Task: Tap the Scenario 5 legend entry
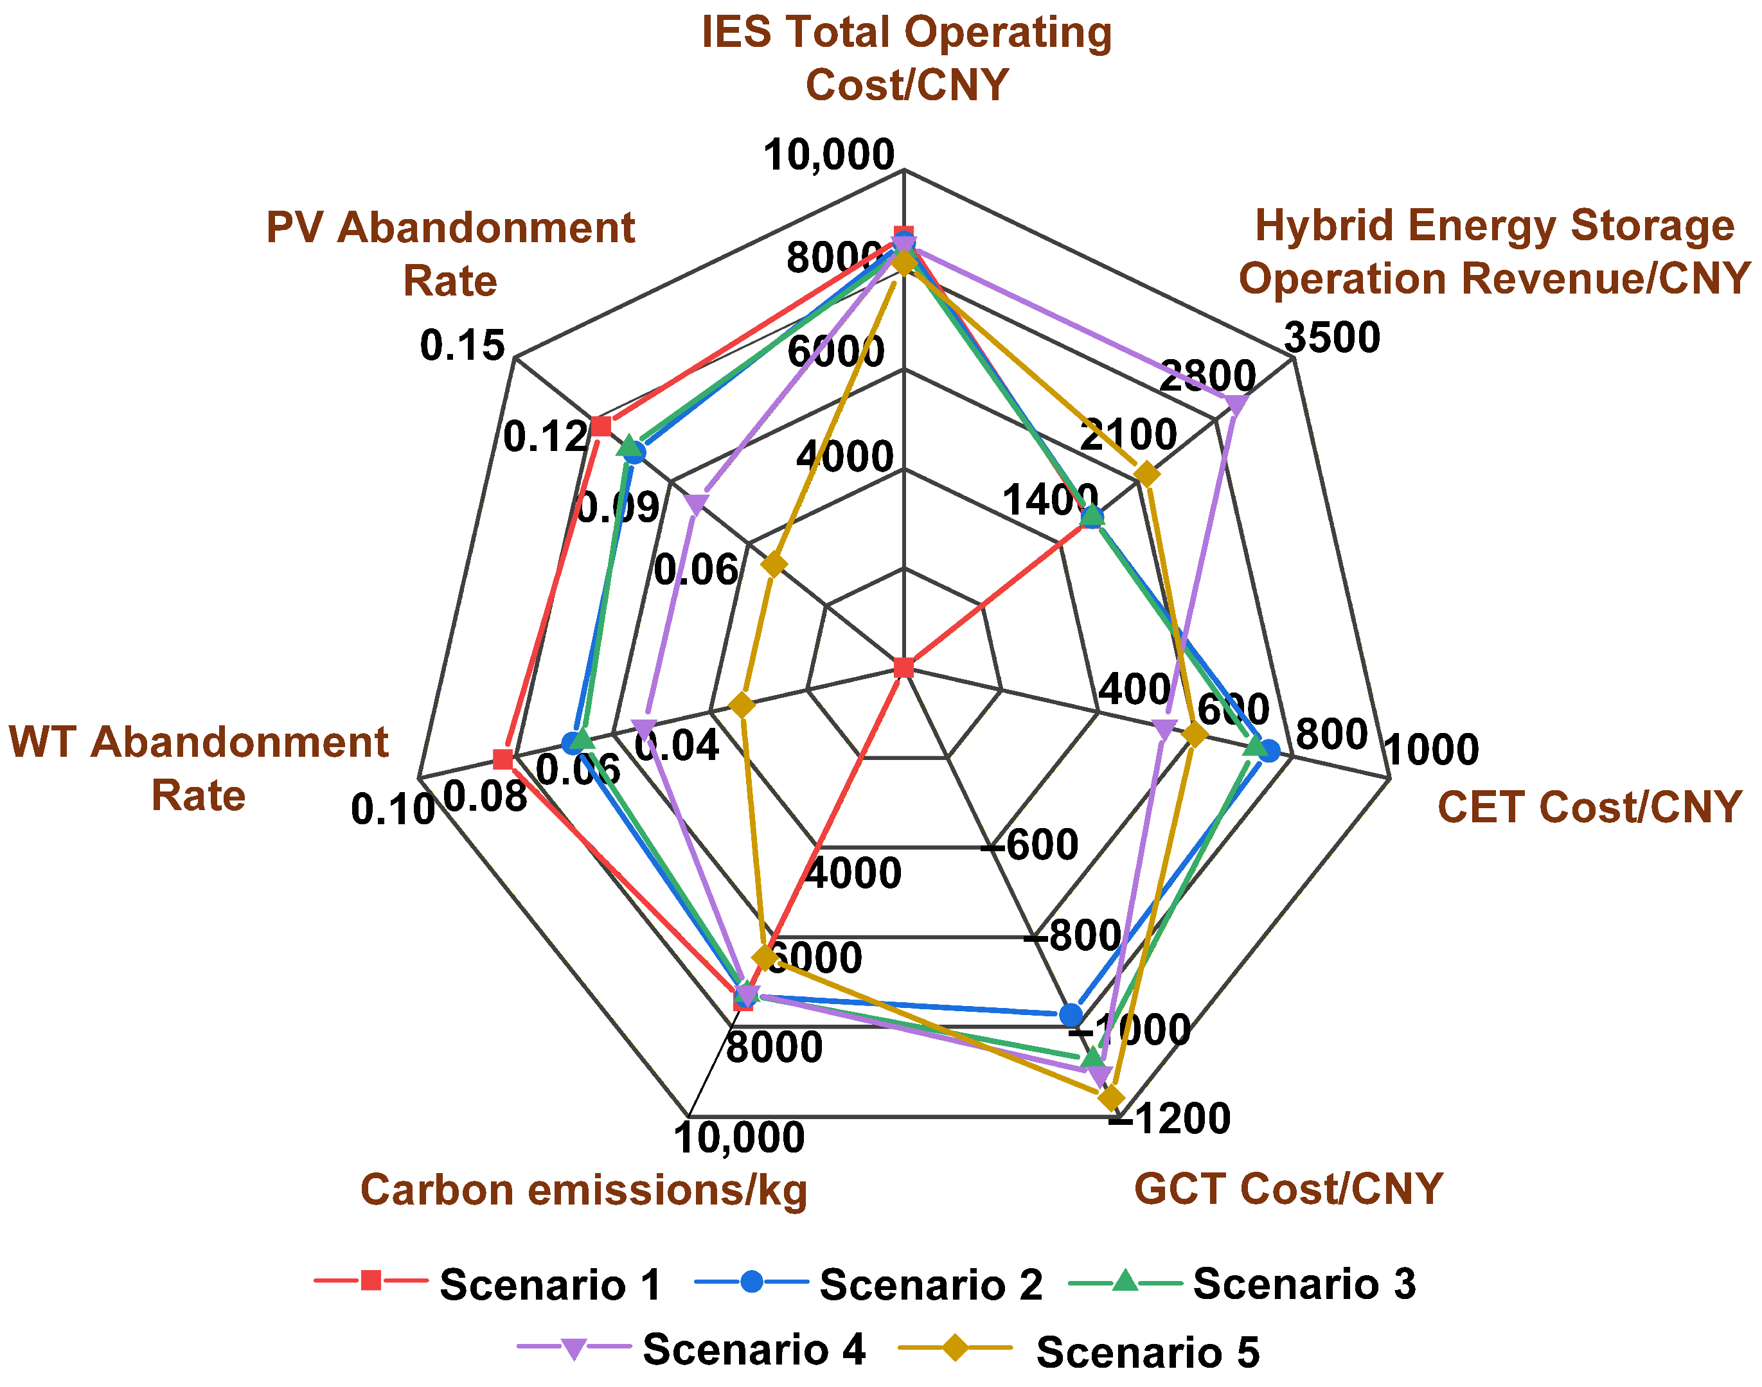(x=1080, y=1351)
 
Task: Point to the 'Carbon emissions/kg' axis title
(x=583, y=1190)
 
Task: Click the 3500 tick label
(x=1332, y=337)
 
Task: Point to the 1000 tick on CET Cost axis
(x=1430, y=748)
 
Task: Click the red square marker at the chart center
(x=903, y=668)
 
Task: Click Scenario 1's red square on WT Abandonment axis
(x=503, y=760)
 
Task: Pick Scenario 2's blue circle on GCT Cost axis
(x=1071, y=1014)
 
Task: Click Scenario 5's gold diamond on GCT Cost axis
(x=1110, y=1099)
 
